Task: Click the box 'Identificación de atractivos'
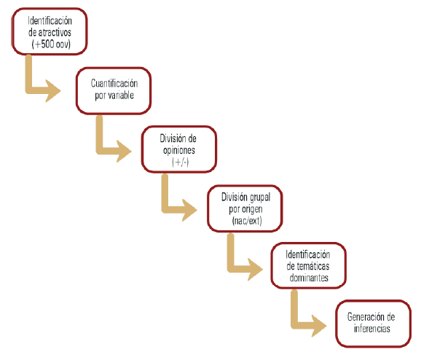(x=50, y=31)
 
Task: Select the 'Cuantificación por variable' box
(x=114, y=91)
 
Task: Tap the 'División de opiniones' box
(x=179, y=149)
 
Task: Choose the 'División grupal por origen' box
(x=245, y=208)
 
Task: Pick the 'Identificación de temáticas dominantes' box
(x=309, y=266)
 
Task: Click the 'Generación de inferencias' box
(x=374, y=324)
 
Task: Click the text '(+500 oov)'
(x=51, y=44)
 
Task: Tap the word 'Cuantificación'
(x=114, y=83)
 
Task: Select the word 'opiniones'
(x=179, y=150)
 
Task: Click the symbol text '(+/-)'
(x=181, y=162)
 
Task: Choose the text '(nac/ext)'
(x=247, y=221)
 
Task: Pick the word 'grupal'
(x=259, y=197)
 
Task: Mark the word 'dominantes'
(x=309, y=278)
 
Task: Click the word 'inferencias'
(x=372, y=329)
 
